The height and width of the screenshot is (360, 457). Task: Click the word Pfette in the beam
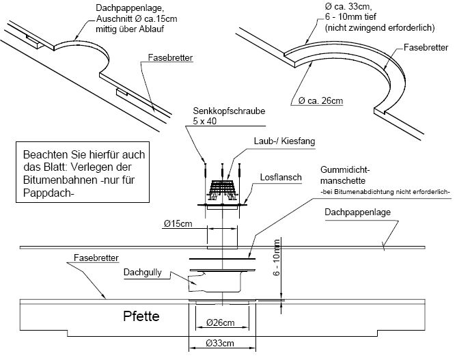(x=141, y=317)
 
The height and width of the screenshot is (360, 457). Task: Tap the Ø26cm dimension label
(x=219, y=322)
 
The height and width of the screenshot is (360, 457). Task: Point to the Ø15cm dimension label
(x=178, y=223)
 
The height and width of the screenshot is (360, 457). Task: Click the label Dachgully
(x=161, y=273)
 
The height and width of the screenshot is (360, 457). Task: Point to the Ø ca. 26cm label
(x=320, y=101)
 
